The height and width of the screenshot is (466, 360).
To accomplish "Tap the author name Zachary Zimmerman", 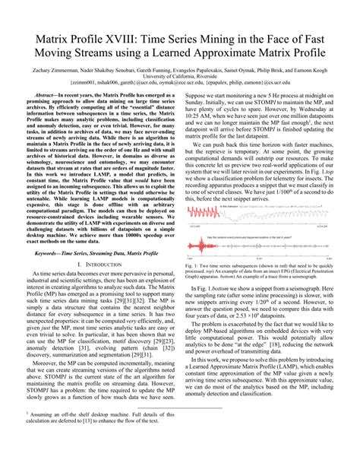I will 53,70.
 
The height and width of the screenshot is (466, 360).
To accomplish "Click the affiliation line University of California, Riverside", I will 180,77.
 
